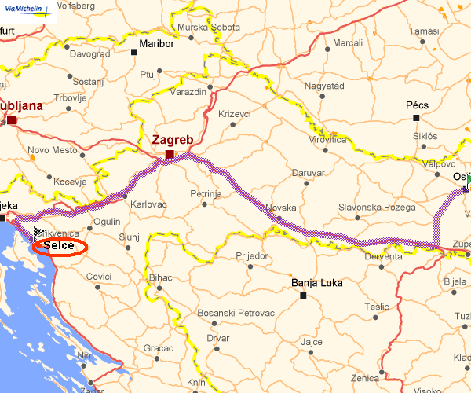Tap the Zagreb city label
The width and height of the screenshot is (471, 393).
(173, 140)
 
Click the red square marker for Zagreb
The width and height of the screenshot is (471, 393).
(170, 155)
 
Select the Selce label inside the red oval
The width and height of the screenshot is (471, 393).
(59, 246)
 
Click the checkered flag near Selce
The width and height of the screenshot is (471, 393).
(38, 233)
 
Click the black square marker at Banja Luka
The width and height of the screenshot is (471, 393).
(303, 296)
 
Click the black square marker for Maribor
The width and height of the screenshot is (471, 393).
(134, 53)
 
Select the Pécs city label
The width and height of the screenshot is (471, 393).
(416, 104)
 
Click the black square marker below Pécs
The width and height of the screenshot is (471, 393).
(416, 118)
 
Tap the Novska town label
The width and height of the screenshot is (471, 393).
(281, 208)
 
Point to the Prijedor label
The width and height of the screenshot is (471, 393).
(252, 255)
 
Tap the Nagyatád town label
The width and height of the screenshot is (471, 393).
(325, 85)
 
